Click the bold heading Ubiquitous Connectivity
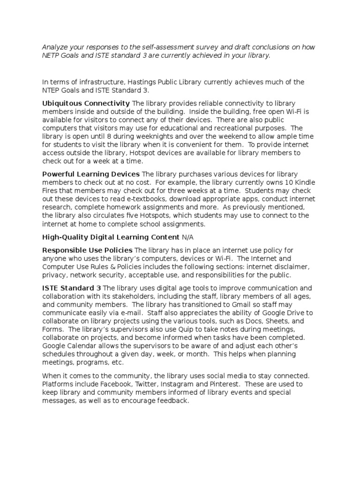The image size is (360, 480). pyautogui.click(x=86, y=103)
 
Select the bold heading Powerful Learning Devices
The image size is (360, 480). pyautogui.click(x=91, y=174)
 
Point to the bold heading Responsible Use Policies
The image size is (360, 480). pyautogui.click(x=87, y=249)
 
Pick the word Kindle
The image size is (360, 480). pyautogui.click(x=288, y=182)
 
